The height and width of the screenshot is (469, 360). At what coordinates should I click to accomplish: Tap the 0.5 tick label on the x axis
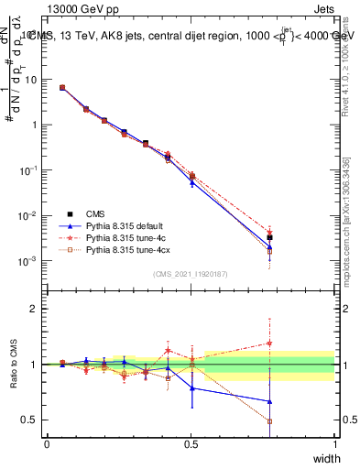(191, 443)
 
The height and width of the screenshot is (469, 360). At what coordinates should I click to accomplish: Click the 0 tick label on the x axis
(47, 443)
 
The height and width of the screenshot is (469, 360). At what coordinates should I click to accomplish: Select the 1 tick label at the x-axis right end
(335, 443)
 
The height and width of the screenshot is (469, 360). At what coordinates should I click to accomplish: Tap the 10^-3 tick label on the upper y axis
(27, 261)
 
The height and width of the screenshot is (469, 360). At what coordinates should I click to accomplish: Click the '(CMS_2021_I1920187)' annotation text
(191, 274)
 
